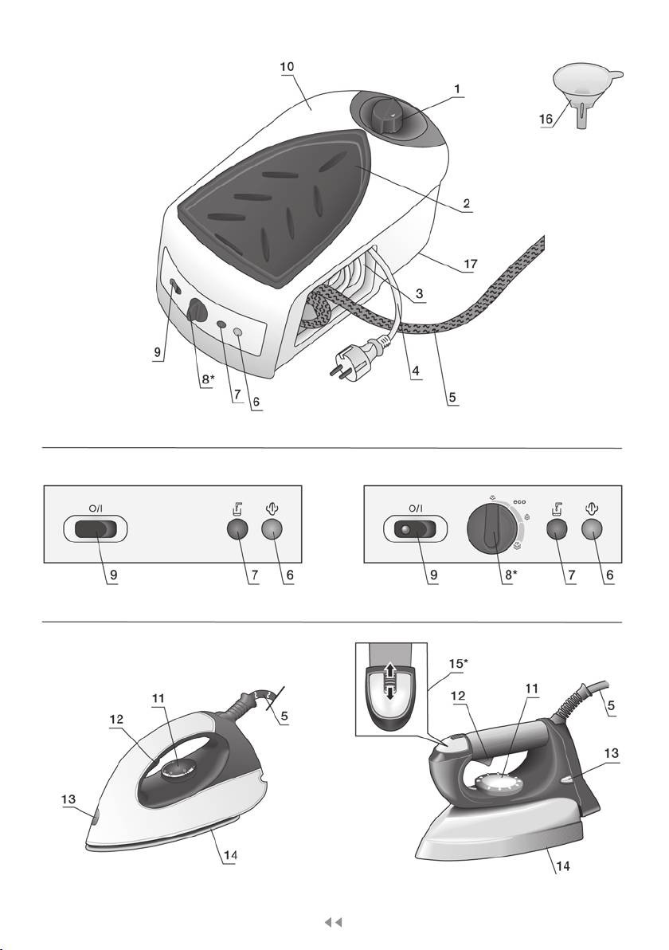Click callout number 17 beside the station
(x=465, y=261)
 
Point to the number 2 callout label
(x=467, y=204)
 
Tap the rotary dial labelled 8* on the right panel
(x=492, y=530)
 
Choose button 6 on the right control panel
(x=593, y=530)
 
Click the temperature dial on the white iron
(x=172, y=770)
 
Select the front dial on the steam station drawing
(x=196, y=311)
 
